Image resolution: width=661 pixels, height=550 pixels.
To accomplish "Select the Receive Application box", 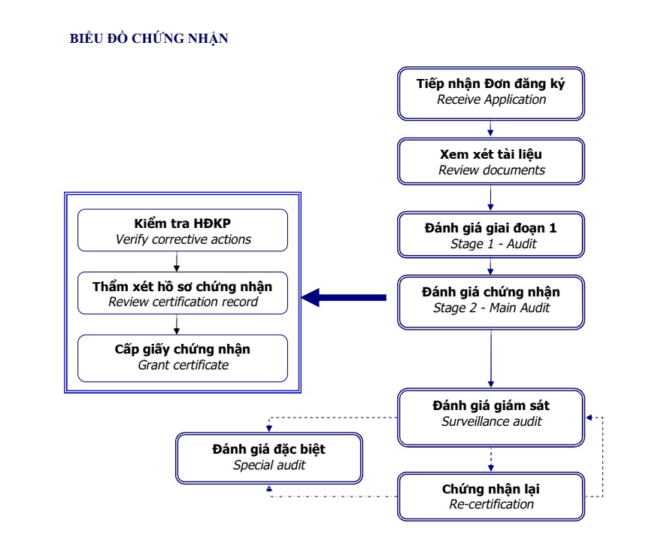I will click(x=491, y=92).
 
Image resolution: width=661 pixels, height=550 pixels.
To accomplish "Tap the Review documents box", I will click(x=491, y=162).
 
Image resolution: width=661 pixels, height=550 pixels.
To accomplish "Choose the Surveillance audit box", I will click(x=491, y=415).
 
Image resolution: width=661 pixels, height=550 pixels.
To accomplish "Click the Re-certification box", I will click(x=491, y=496).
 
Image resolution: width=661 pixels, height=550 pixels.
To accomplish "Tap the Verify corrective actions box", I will click(x=183, y=232).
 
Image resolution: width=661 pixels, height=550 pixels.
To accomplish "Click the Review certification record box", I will click(x=183, y=293).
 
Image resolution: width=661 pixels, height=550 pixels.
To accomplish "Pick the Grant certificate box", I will click(x=183, y=357).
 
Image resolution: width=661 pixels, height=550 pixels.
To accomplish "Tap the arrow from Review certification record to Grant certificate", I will click(x=177, y=324).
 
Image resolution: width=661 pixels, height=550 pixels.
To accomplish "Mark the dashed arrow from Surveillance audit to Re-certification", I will click(x=491, y=458).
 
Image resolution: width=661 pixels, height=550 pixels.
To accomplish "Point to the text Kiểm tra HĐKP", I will click(x=183, y=225).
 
